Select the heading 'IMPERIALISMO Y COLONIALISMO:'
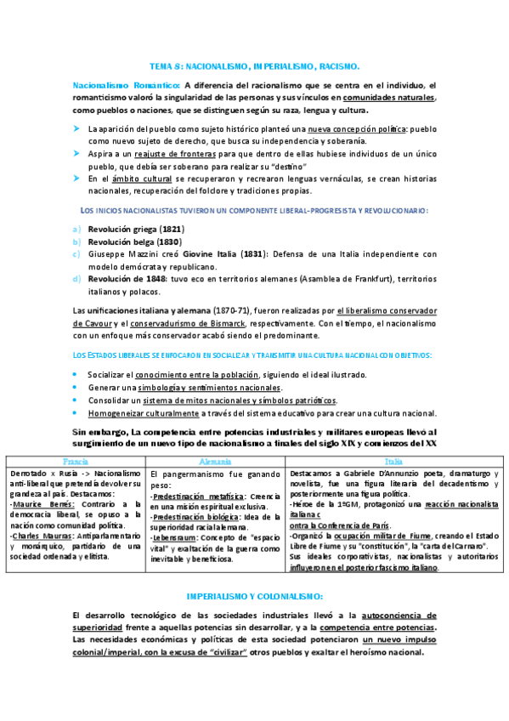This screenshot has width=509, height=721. [x=254, y=596]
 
